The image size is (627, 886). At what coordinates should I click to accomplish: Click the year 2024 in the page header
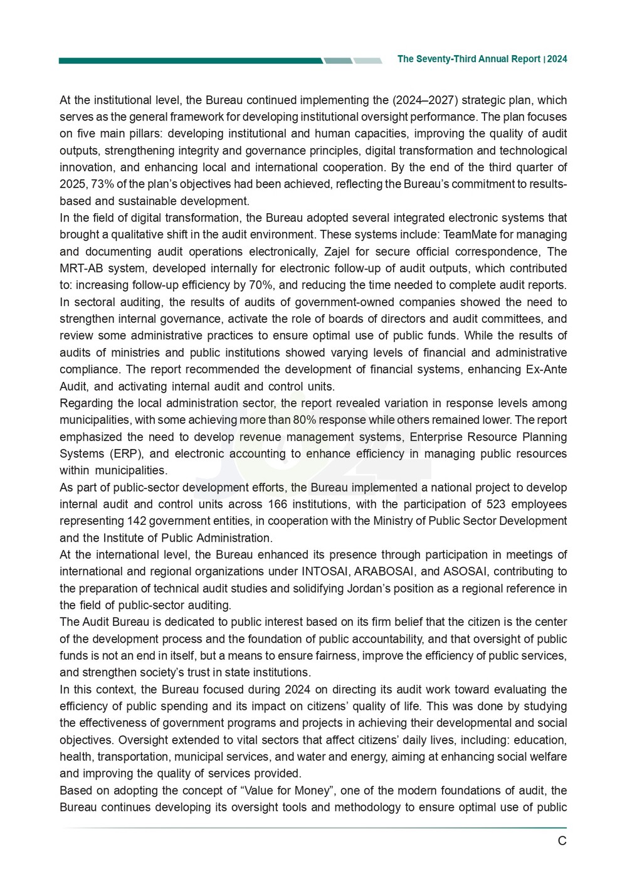(557, 59)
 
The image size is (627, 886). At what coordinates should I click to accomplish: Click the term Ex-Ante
(545, 369)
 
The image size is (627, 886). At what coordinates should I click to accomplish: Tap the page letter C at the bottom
(562, 841)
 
